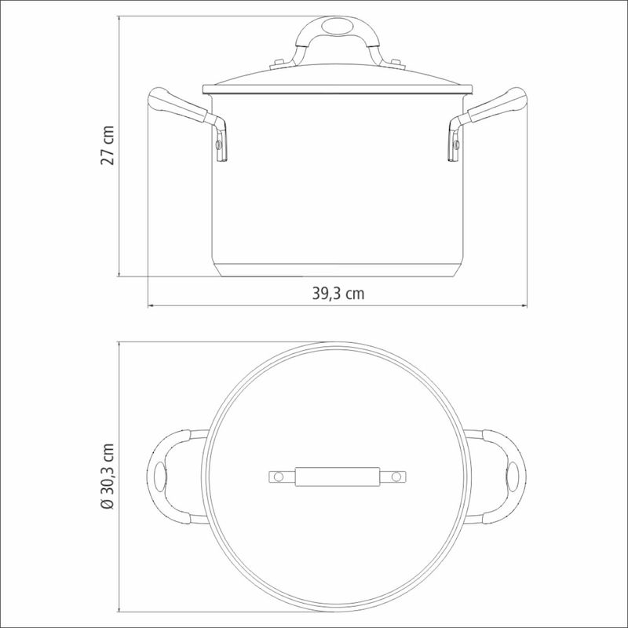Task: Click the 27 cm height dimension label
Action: coord(108,145)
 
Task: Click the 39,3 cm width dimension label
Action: coord(338,294)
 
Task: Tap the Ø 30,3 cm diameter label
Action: coord(108,476)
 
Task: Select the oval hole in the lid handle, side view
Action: coord(337,26)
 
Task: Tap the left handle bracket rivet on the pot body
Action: coord(219,144)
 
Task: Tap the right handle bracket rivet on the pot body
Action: coord(456,144)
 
